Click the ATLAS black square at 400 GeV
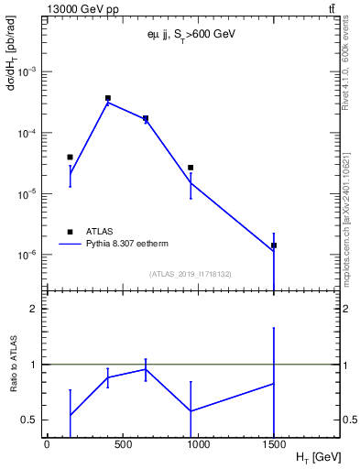pyautogui.click(x=108, y=98)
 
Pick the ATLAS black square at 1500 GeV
pyautogui.click(x=274, y=245)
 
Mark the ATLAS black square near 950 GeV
pyautogui.click(x=191, y=168)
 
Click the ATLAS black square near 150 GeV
pyautogui.click(x=70, y=158)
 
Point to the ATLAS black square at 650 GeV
pyautogui.click(x=146, y=118)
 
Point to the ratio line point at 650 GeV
pyautogui.click(x=146, y=369)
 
